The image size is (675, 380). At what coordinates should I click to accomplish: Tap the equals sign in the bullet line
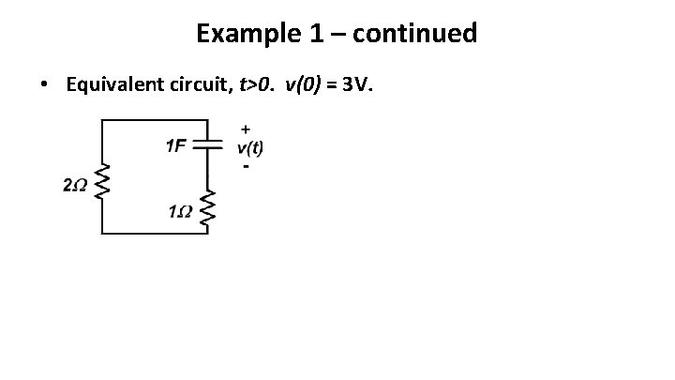pos(333,85)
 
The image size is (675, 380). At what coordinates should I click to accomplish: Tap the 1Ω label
pos(180,210)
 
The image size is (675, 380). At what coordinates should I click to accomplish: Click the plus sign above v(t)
pos(247,128)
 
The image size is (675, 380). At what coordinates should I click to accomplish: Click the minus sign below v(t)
pos(246,166)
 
